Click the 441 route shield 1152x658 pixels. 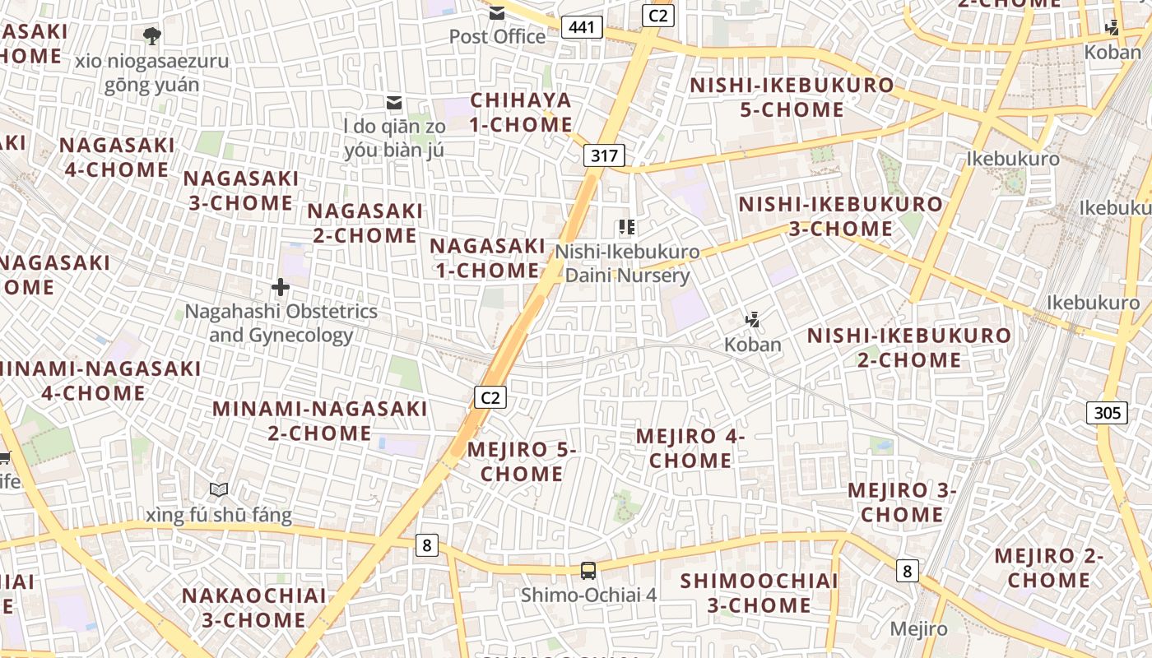pos(582,27)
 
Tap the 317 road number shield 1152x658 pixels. pos(605,155)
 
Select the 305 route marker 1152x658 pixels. pos(1107,413)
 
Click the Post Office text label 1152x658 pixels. pos(497,36)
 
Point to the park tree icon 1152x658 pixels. pos(151,35)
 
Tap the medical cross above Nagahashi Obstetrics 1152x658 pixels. pos(281,287)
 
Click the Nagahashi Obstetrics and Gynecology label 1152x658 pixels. pos(281,323)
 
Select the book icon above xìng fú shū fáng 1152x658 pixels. pos(219,490)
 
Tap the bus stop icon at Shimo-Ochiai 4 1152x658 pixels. pos(588,570)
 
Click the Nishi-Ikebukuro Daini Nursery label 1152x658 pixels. pos(627,263)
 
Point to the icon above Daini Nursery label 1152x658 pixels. pos(627,227)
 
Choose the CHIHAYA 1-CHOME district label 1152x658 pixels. pos(521,113)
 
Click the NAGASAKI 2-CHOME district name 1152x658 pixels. pos(365,223)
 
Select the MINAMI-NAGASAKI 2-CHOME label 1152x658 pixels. pos(320,420)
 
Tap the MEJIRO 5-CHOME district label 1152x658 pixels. pos(522,461)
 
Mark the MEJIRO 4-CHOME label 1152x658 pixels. pos(690,448)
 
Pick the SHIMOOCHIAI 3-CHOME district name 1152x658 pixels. pos(759,593)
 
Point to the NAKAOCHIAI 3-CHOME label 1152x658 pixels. pos(253,607)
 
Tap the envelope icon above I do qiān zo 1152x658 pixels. pos(395,102)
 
